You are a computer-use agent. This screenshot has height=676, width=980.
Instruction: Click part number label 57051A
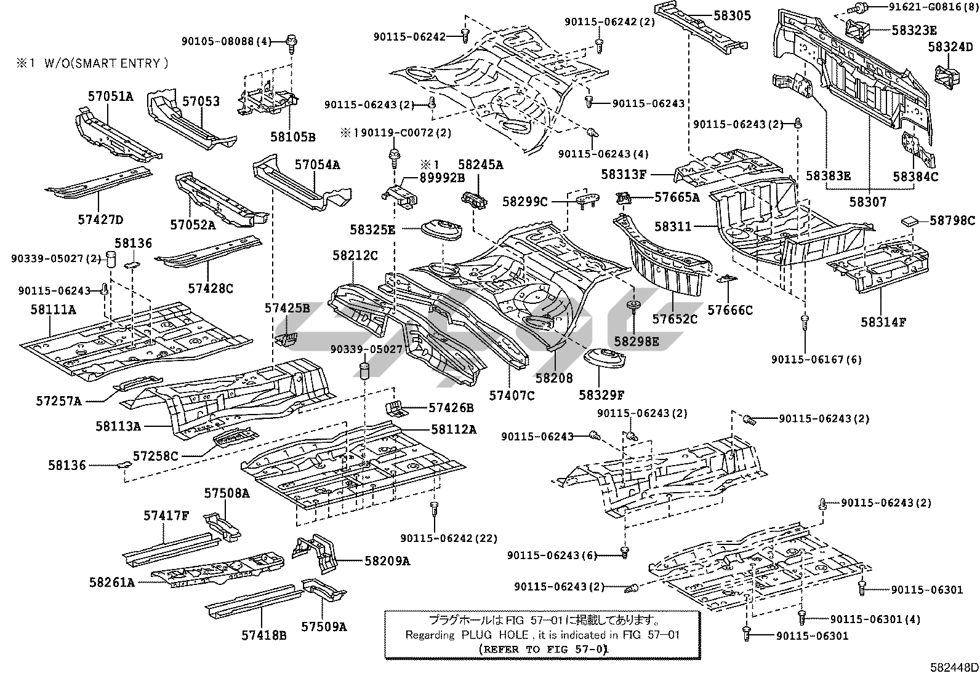point(110,96)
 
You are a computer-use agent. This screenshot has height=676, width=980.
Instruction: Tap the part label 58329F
point(601,394)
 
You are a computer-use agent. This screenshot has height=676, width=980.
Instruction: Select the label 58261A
point(111,582)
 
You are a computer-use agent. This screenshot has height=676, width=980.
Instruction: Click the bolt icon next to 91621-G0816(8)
point(857,8)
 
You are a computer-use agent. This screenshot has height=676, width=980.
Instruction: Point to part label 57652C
point(675,319)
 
